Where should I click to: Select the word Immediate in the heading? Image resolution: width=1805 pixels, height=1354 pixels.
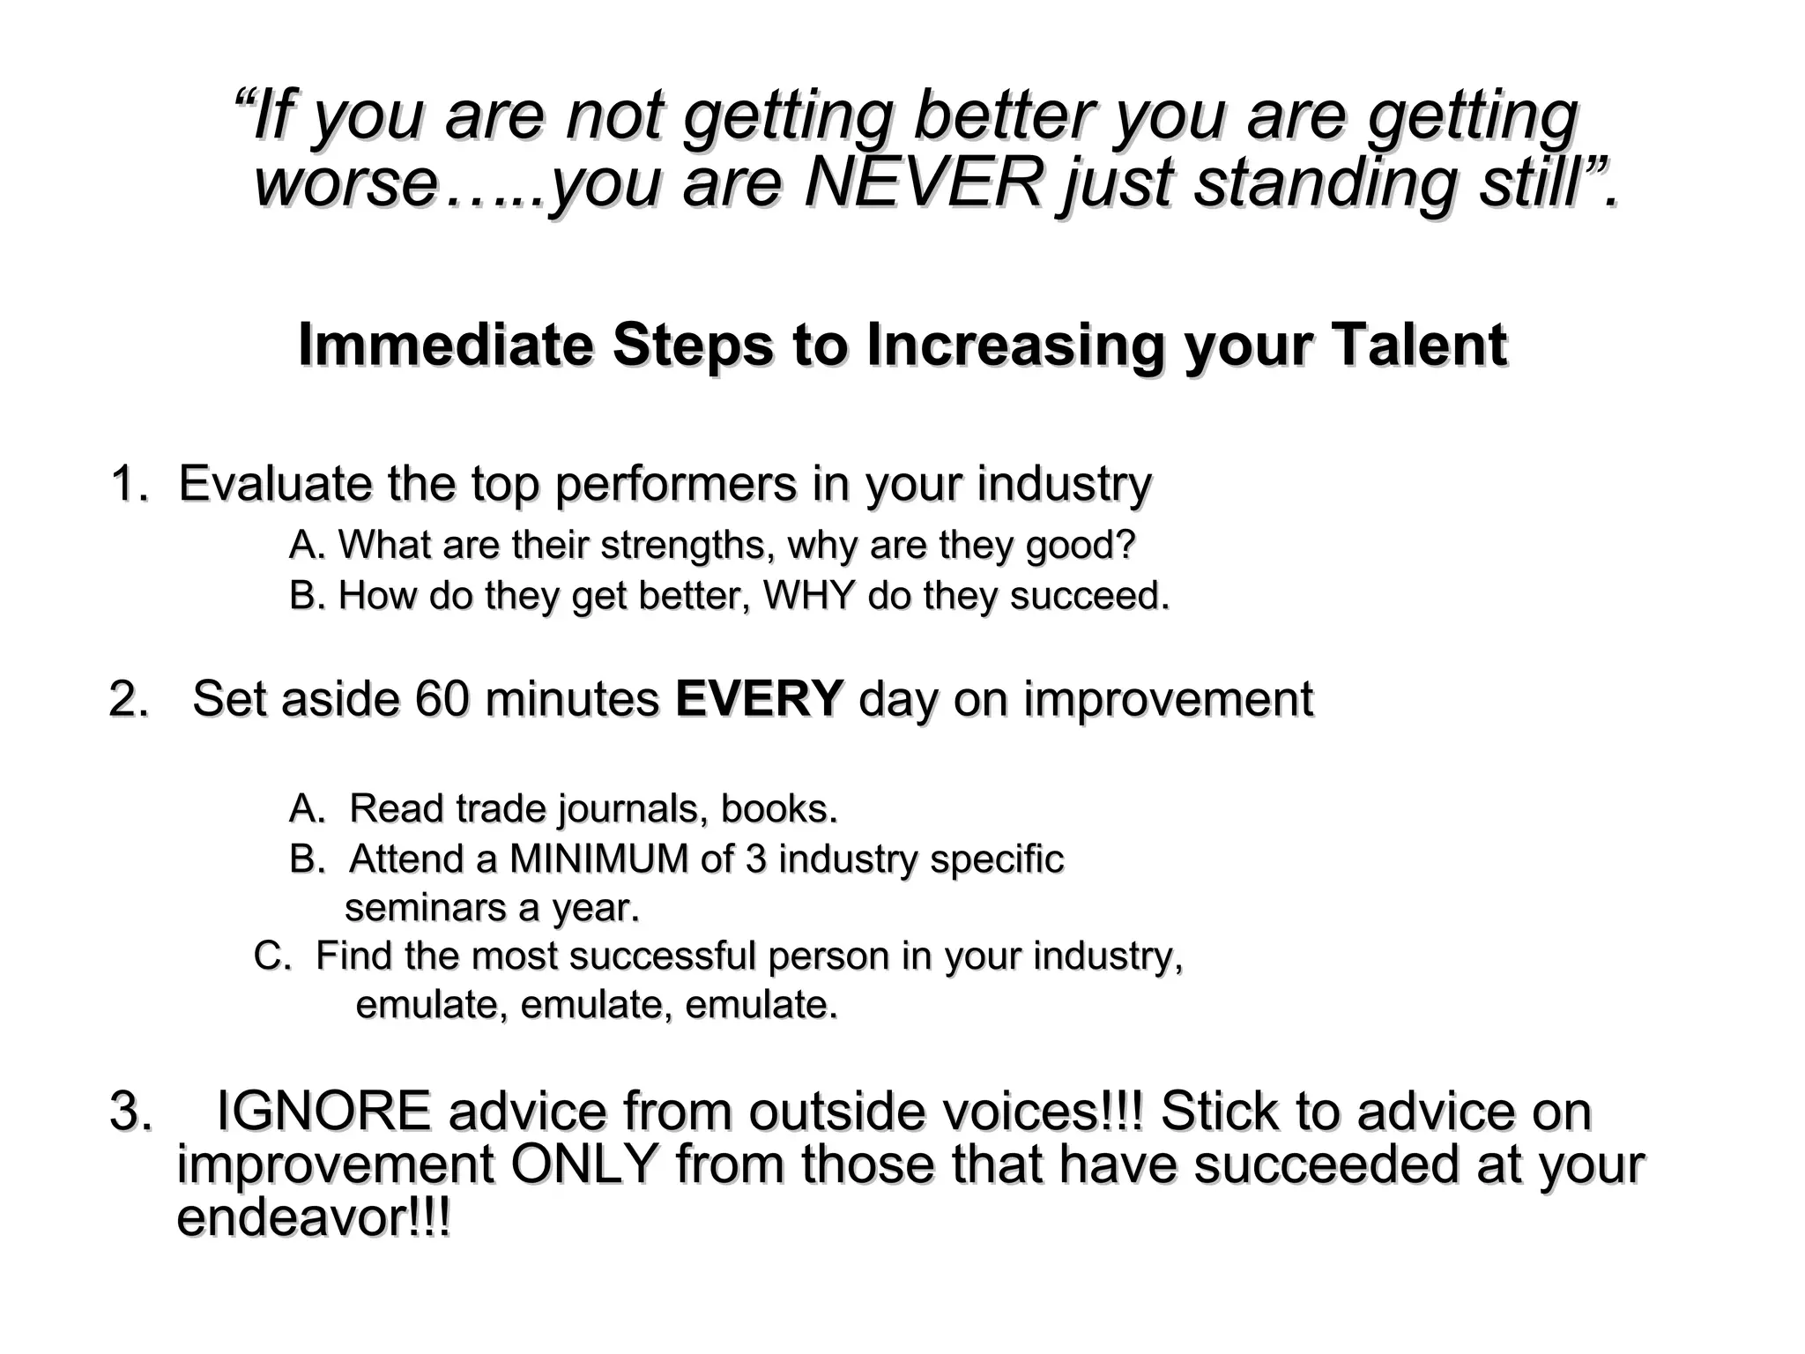click(445, 345)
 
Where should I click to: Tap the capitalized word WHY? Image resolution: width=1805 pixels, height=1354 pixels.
click(808, 596)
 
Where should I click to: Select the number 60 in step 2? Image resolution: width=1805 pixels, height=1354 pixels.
click(441, 699)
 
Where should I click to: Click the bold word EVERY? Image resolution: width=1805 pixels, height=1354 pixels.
click(760, 699)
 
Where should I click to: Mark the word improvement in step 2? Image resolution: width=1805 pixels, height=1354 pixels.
click(1168, 699)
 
